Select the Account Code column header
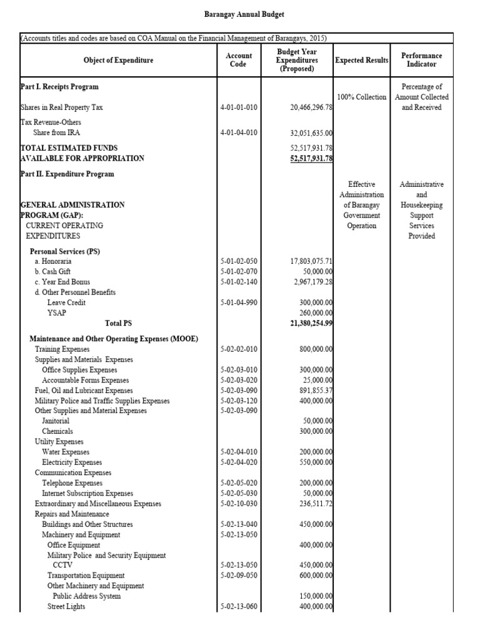(238, 60)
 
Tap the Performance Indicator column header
(421, 60)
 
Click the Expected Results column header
(362, 60)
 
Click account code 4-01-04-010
(238, 133)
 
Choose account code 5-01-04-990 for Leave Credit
(238, 302)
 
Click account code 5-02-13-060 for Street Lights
(238, 606)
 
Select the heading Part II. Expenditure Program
(67, 174)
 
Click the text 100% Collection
(362, 97)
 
